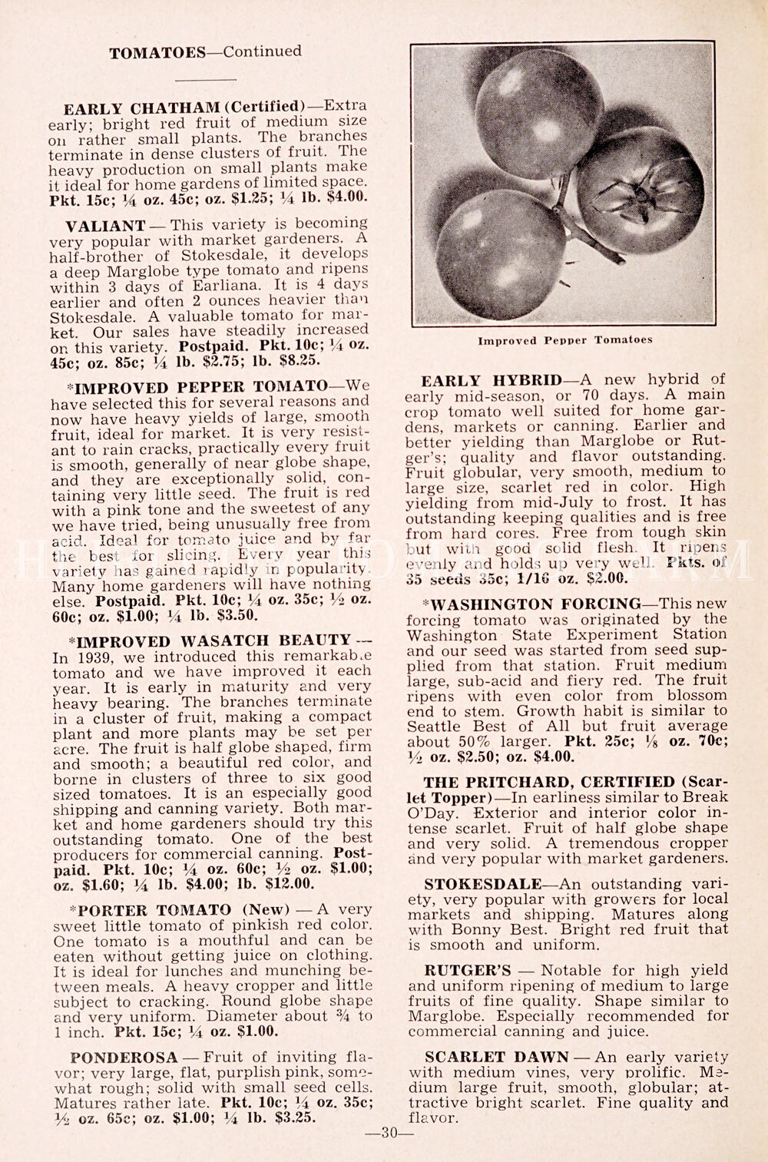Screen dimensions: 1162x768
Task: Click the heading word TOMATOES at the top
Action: click(157, 53)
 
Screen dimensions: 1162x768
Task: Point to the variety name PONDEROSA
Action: click(123, 1058)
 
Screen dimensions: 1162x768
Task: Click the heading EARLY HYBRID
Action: click(492, 380)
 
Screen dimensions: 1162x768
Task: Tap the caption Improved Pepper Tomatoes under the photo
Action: click(564, 340)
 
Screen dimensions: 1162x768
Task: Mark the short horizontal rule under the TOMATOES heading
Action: click(206, 80)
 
